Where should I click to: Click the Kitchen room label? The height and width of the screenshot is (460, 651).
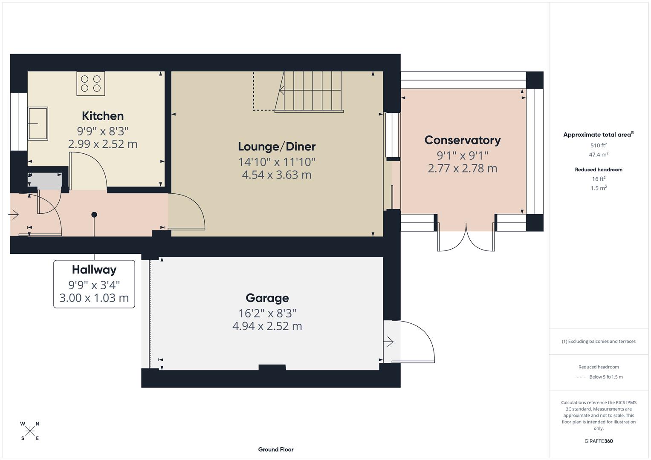(103, 116)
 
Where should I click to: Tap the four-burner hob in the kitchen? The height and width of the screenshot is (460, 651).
(91, 83)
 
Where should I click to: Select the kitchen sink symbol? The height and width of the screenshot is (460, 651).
(38, 124)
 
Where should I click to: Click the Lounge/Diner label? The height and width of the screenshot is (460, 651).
(277, 147)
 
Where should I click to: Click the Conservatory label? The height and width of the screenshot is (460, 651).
(462, 140)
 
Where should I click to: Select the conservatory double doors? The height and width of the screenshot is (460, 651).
(466, 241)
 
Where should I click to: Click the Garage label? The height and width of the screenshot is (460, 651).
(267, 298)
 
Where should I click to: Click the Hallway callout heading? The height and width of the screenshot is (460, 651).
(94, 270)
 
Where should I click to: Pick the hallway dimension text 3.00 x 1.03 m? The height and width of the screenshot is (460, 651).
(94, 298)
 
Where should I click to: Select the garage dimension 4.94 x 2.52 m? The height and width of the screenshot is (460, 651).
(267, 326)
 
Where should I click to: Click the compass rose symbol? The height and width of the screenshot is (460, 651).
(30, 431)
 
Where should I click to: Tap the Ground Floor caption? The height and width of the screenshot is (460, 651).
(276, 449)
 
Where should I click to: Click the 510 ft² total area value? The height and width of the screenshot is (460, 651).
(599, 145)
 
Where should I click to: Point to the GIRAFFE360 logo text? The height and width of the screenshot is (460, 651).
(599, 441)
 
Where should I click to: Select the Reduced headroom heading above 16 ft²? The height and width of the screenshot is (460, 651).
(599, 170)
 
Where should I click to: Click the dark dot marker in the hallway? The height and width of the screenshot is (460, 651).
(94, 215)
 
